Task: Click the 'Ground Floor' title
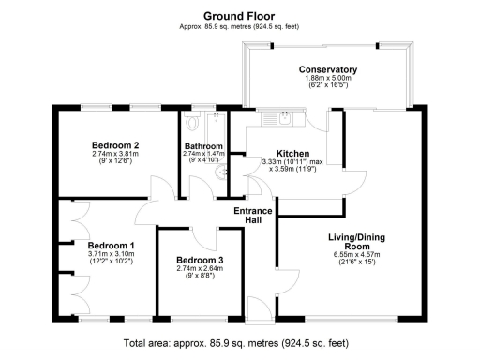coord(239,15)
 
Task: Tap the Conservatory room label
coord(327,69)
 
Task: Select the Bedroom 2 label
coord(115,145)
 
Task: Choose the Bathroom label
coord(203,146)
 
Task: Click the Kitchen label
coord(293,153)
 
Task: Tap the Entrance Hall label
coord(253,217)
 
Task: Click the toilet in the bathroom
coord(193,122)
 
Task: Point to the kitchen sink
coord(277,117)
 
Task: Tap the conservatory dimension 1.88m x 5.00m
coord(327,79)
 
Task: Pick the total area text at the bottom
coord(239,343)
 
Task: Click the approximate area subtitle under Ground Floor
coord(239,26)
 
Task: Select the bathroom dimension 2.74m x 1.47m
coord(203,155)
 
